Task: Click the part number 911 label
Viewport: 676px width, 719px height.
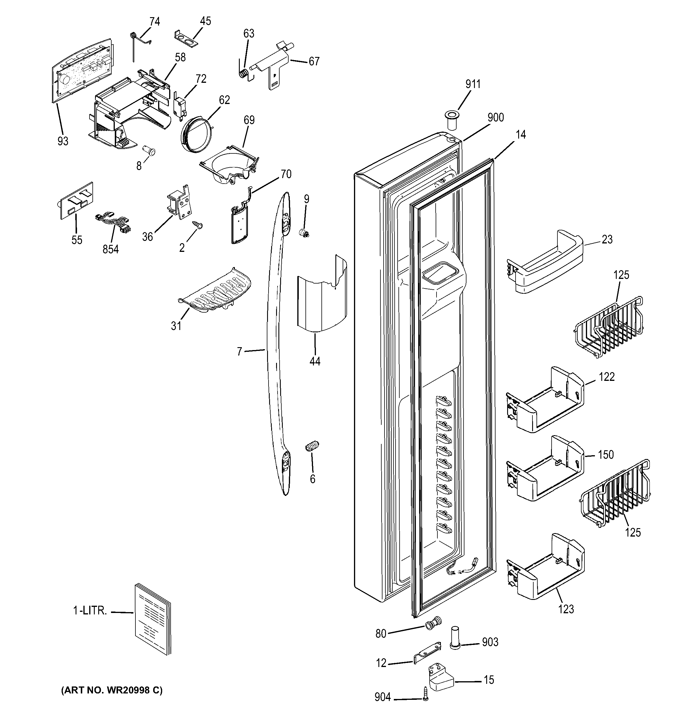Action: pos(473,84)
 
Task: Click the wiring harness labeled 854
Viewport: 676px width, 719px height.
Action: pos(112,224)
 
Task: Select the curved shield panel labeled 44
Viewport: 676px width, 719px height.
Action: pos(321,297)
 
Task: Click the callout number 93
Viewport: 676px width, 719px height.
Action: pos(62,141)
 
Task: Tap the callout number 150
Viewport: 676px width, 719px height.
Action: pos(606,455)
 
